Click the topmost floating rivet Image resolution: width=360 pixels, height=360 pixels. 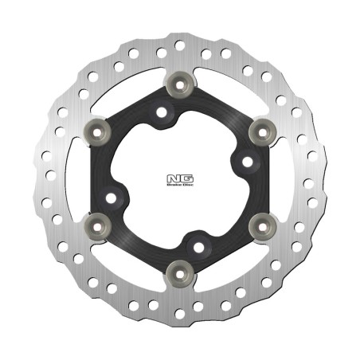tap(179, 81)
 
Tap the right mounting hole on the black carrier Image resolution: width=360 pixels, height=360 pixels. tap(247, 162)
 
